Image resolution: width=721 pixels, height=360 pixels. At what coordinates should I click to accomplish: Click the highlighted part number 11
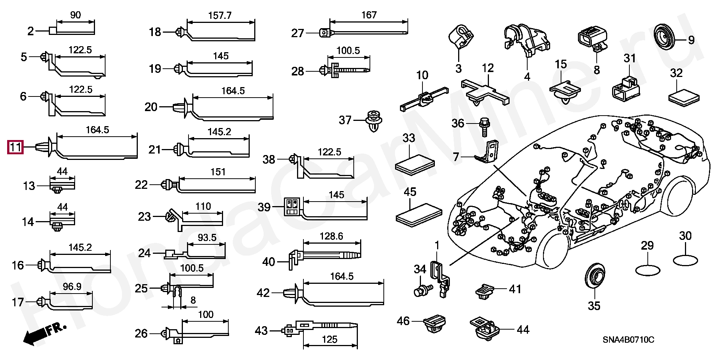tap(15, 147)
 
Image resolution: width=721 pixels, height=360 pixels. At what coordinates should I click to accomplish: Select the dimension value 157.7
tap(220, 16)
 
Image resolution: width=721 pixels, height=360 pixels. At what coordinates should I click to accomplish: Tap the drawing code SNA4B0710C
tap(628, 340)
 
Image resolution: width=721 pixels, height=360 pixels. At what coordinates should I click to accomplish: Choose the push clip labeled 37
tap(374, 121)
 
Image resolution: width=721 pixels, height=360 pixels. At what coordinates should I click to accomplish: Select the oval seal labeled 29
tap(647, 270)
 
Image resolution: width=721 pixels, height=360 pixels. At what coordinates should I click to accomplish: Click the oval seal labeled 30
tap(685, 261)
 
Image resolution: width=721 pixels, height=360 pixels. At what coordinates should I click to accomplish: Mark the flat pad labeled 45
tap(419, 215)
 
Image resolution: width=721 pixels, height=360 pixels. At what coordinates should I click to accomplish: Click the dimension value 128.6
tap(331, 236)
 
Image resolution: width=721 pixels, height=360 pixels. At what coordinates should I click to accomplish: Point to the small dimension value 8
tap(193, 300)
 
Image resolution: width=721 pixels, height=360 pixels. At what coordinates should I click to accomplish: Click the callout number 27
tap(297, 33)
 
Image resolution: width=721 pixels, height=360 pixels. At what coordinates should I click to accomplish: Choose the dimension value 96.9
tap(72, 287)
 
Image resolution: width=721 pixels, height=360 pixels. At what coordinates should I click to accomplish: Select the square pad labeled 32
tap(684, 98)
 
